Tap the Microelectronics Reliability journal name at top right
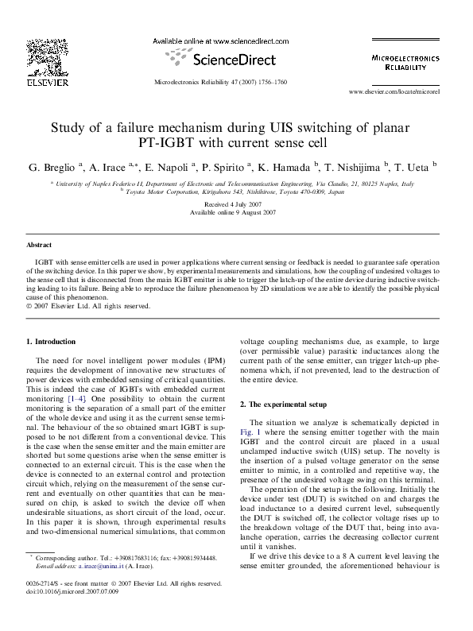point(405,63)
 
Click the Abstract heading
point(39,245)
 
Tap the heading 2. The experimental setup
point(289,405)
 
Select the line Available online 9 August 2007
point(235,213)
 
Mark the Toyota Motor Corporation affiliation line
point(235,192)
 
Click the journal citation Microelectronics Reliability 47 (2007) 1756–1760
point(219,83)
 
